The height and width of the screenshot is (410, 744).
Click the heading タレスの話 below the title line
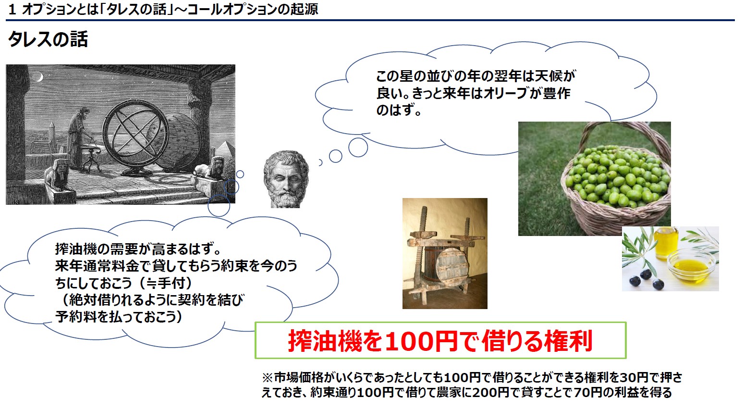48,39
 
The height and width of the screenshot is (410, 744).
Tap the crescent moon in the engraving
39,77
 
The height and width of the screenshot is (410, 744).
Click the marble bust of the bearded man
286,179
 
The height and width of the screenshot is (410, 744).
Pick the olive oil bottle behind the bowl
665,244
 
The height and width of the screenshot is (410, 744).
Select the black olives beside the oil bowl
646,280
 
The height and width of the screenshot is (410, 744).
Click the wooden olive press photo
445,253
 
